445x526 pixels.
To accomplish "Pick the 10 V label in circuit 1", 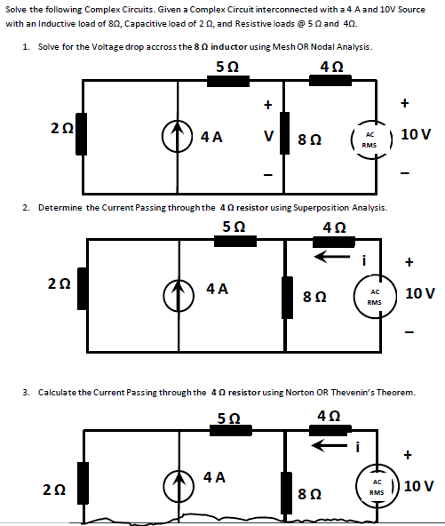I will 417,135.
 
